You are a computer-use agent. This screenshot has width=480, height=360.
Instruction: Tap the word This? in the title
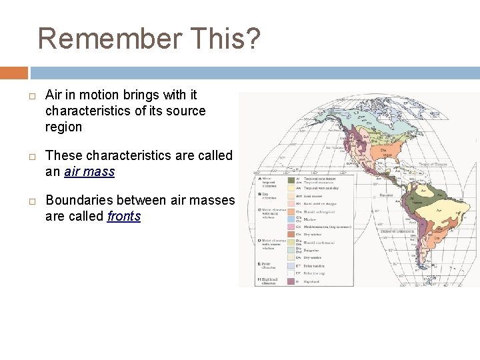(x=229, y=39)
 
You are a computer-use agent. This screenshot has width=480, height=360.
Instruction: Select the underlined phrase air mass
(x=89, y=171)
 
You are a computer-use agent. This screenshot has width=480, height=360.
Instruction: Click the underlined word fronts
(x=124, y=216)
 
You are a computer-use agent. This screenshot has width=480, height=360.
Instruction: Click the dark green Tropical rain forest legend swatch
(x=291, y=179)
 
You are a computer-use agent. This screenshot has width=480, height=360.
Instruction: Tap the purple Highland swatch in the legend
(x=291, y=281)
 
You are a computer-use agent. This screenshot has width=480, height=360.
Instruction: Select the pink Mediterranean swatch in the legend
(x=291, y=226)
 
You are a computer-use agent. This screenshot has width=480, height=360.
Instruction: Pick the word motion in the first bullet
(x=101, y=95)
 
